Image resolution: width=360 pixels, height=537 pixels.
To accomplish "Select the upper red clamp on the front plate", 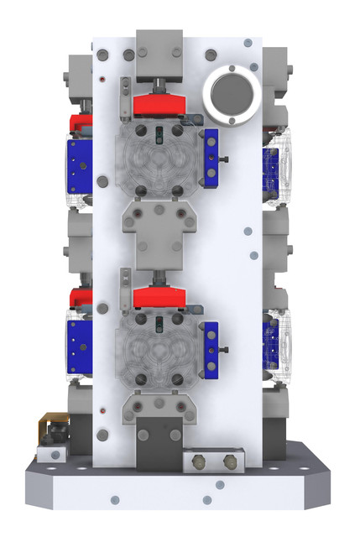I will pyautogui.click(x=158, y=105).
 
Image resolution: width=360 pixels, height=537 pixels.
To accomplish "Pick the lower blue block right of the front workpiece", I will pyautogui.click(x=211, y=349).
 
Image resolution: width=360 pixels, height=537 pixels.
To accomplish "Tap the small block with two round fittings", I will pyautogui.click(x=214, y=461).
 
